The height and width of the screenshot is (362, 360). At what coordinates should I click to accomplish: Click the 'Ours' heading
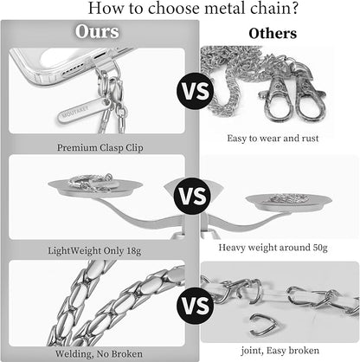pos(97,31)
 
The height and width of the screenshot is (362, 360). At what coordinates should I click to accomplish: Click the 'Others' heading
pos(273,34)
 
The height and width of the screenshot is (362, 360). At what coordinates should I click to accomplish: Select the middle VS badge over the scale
pos(193,196)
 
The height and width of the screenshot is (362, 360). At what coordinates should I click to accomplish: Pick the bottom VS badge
pos(196,306)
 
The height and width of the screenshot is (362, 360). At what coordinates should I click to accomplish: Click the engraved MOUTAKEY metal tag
pos(84,110)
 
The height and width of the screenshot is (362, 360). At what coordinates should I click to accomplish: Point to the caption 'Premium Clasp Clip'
pos(100,148)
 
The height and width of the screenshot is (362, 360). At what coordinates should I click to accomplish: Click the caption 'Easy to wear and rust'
pos(273,139)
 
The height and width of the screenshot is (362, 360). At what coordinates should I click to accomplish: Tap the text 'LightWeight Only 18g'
pos(94,250)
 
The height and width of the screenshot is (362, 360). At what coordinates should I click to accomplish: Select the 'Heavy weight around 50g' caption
pos(273,248)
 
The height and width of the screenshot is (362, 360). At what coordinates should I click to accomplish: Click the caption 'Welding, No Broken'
pos(99,353)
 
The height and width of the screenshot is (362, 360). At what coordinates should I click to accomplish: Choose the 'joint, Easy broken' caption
pos(280,351)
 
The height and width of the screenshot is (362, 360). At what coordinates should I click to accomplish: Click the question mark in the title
pos(294,8)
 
